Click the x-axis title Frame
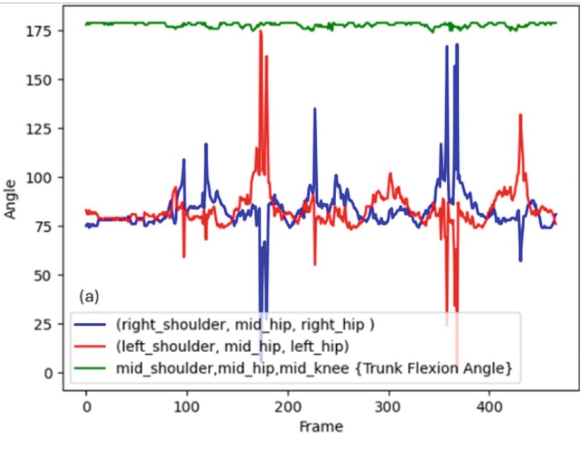(321, 427)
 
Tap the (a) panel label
(89, 296)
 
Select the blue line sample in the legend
(92, 324)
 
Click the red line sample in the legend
(92, 346)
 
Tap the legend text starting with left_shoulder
(233, 346)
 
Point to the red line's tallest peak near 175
(261, 32)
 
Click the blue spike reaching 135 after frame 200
(314, 109)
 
